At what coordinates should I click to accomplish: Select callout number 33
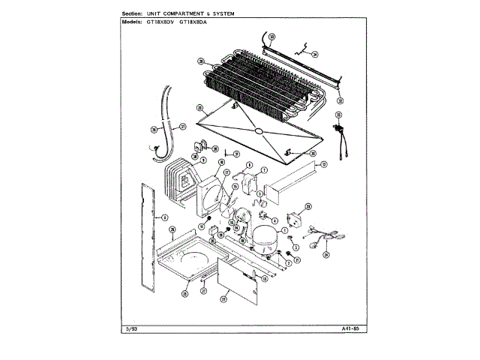[x=272, y=36]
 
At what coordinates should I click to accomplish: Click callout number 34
[x=315, y=54]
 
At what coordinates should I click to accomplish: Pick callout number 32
[x=340, y=100]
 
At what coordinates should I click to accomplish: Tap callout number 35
[x=201, y=61]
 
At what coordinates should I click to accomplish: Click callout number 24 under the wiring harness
[x=326, y=254]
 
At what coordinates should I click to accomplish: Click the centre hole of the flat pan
[x=258, y=130]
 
